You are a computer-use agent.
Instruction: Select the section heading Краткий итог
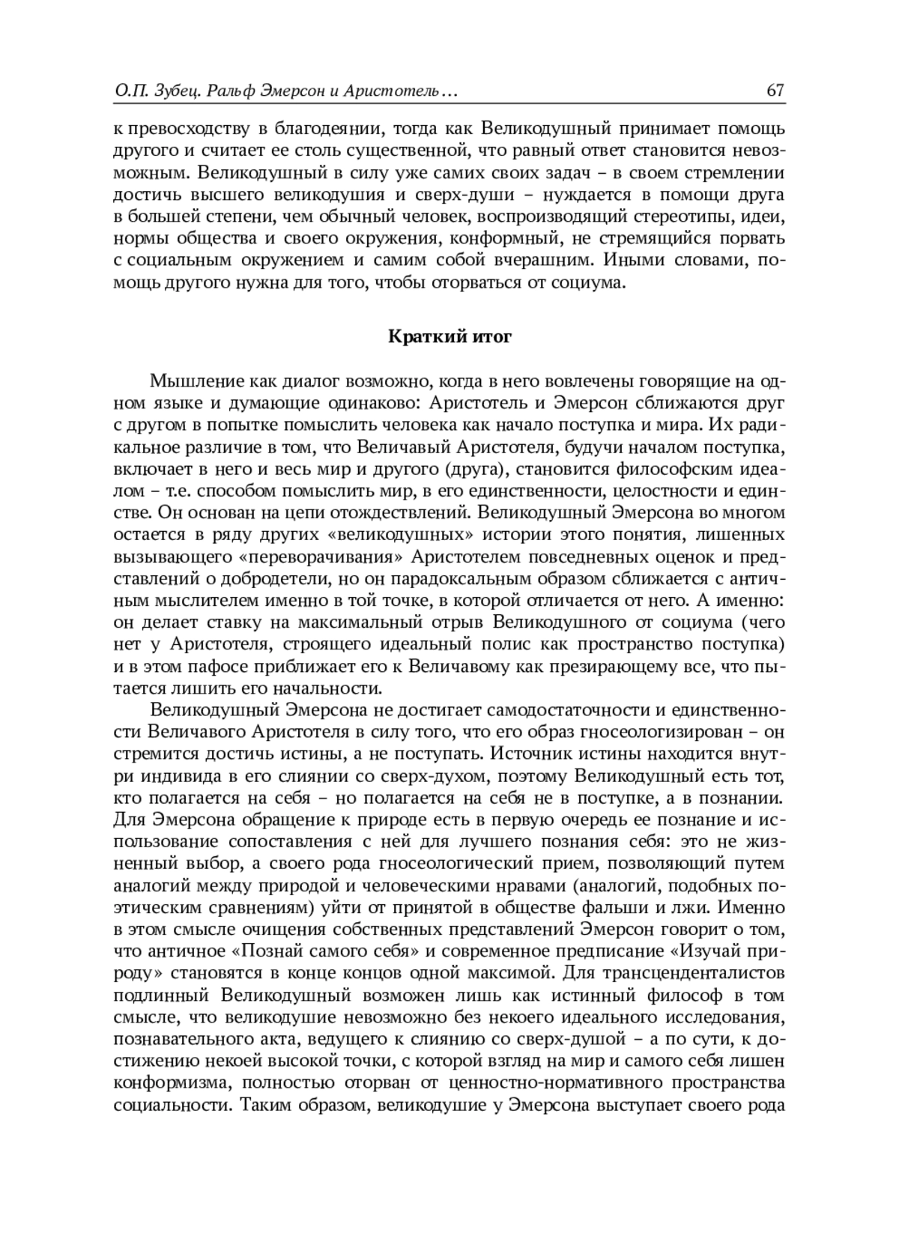point(449,336)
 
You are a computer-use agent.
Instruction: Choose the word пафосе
point(196,666)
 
